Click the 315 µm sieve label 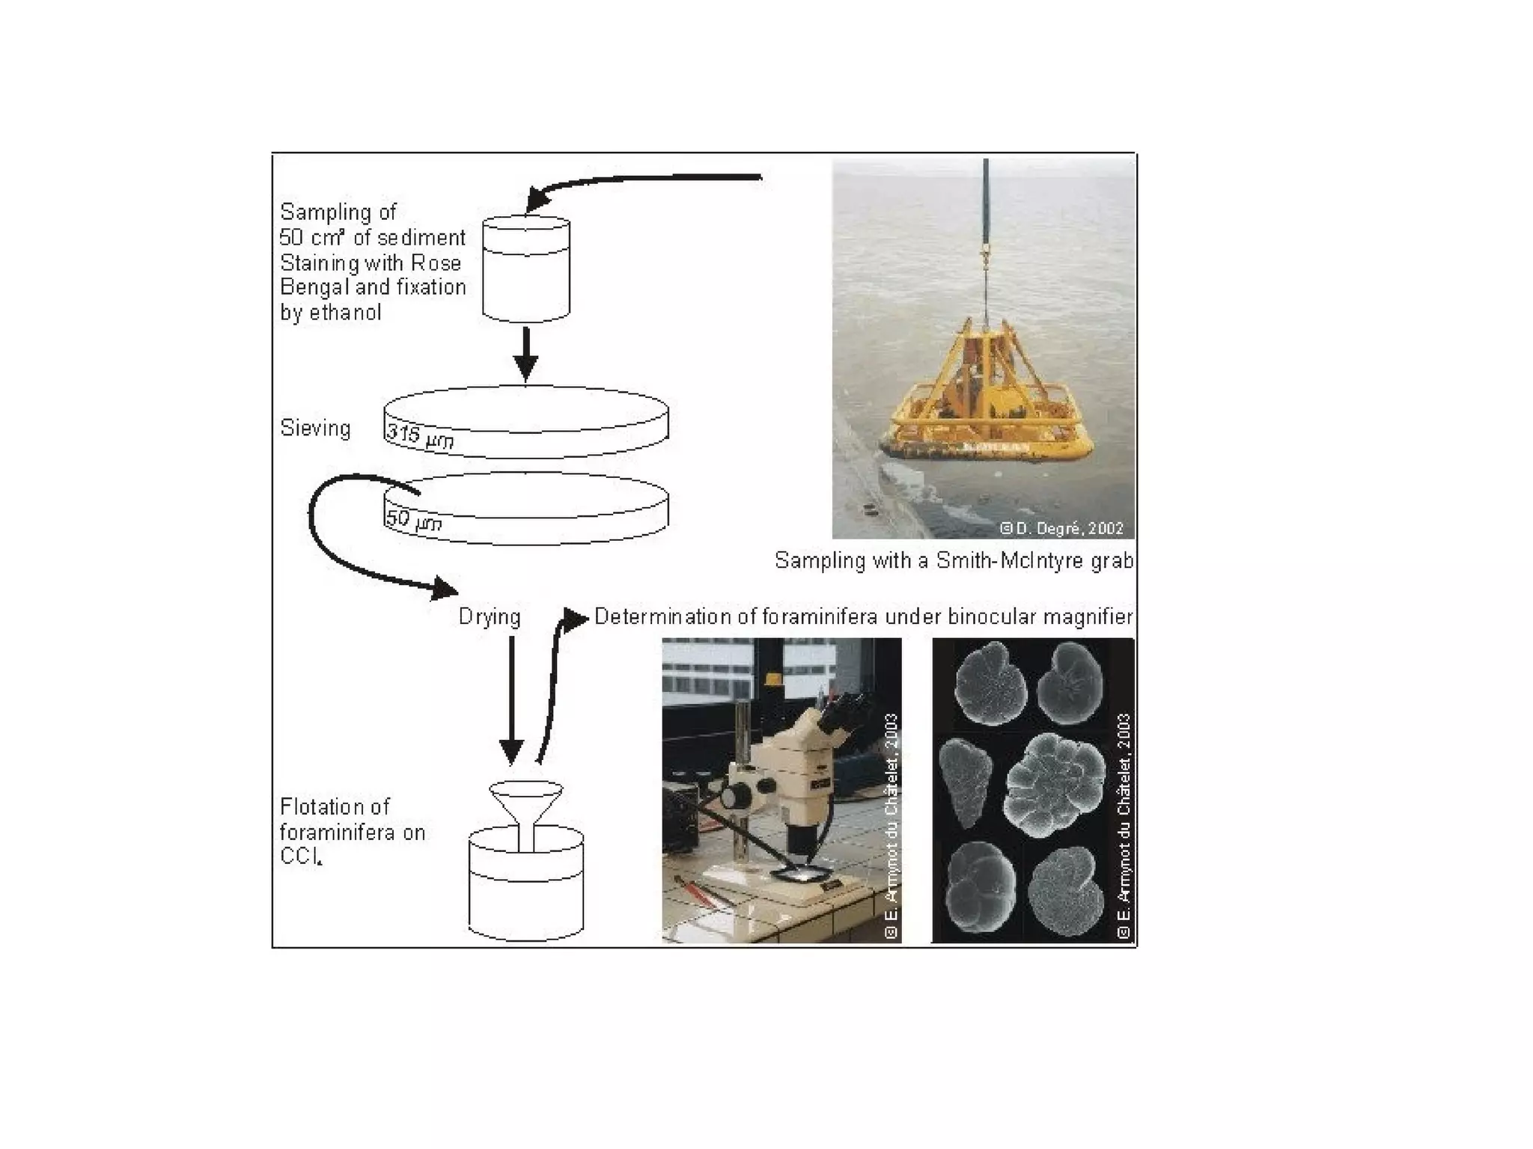point(419,436)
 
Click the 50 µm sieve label point(413,520)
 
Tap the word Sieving point(315,429)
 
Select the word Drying point(490,617)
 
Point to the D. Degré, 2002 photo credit point(1062,529)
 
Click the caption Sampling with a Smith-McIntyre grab point(954,561)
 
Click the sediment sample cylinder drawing point(525,269)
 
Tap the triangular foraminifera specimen point(966,782)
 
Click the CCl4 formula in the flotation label point(301,857)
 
